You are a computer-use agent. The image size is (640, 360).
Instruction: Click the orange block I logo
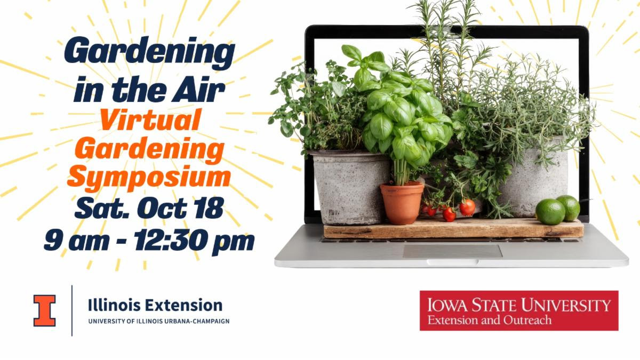click(45, 311)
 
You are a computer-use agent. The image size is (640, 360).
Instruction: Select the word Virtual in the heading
click(150, 119)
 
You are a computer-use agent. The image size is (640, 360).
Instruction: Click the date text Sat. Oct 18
click(149, 208)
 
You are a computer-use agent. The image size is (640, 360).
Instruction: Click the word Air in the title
click(198, 89)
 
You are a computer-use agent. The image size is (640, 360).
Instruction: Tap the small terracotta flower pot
click(402, 203)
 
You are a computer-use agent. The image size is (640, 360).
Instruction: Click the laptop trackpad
click(453, 251)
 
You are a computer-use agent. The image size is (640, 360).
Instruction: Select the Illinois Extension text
click(155, 305)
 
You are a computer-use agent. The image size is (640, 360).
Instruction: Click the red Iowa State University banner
click(519, 310)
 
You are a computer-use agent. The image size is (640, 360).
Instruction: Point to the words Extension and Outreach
click(490, 320)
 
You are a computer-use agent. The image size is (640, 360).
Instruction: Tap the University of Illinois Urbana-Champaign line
click(159, 321)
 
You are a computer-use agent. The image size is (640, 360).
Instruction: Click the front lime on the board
click(550, 212)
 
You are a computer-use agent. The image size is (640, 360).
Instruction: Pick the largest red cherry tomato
click(467, 207)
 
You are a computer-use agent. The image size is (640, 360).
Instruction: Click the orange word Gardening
click(150, 150)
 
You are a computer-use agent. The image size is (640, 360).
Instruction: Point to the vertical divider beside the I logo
click(71, 310)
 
